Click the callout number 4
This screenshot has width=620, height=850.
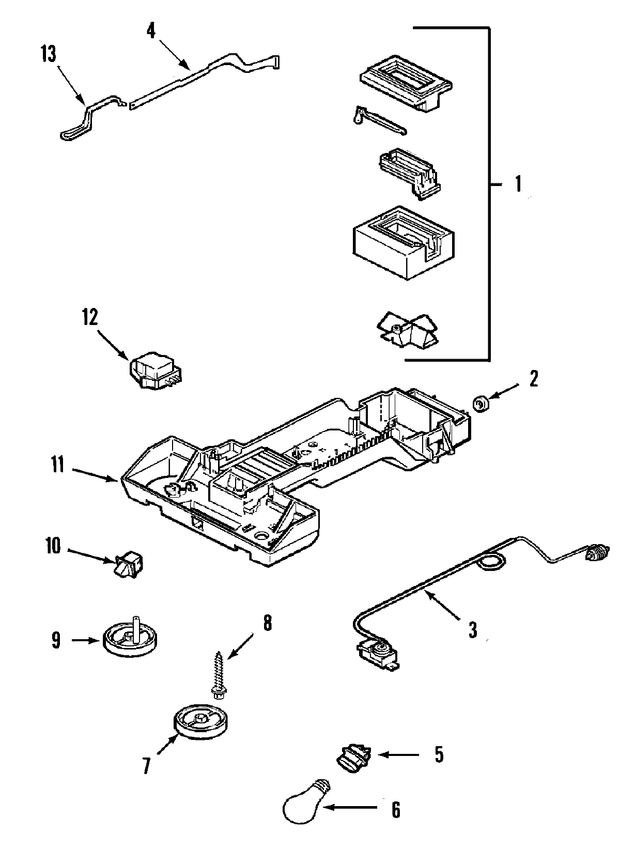click(150, 31)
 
